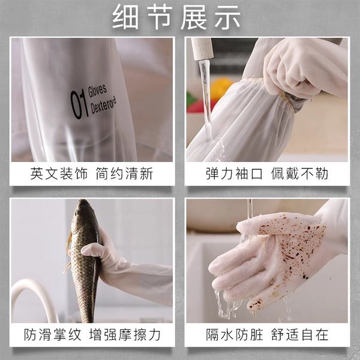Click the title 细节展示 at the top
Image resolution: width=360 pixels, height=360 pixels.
tap(176, 17)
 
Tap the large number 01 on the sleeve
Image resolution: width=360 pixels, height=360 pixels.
tap(79, 104)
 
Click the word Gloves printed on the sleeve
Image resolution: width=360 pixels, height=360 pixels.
tap(98, 90)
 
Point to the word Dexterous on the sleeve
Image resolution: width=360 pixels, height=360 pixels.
tap(103, 105)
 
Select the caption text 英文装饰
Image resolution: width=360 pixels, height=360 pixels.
tap(59, 173)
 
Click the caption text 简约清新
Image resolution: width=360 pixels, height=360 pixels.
tap(124, 173)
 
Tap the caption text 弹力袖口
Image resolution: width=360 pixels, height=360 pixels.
tap(234, 173)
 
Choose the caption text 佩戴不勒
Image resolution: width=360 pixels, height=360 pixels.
tap(299, 173)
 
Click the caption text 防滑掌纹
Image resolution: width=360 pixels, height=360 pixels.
tap(53, 335)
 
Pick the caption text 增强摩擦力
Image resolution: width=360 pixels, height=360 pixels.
tap(125, 335)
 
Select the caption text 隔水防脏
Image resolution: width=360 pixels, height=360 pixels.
tap(234, 335)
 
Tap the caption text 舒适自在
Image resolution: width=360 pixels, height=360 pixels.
tap(299, 335)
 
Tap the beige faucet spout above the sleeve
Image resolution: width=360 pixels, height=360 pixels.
tap(202, 49)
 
